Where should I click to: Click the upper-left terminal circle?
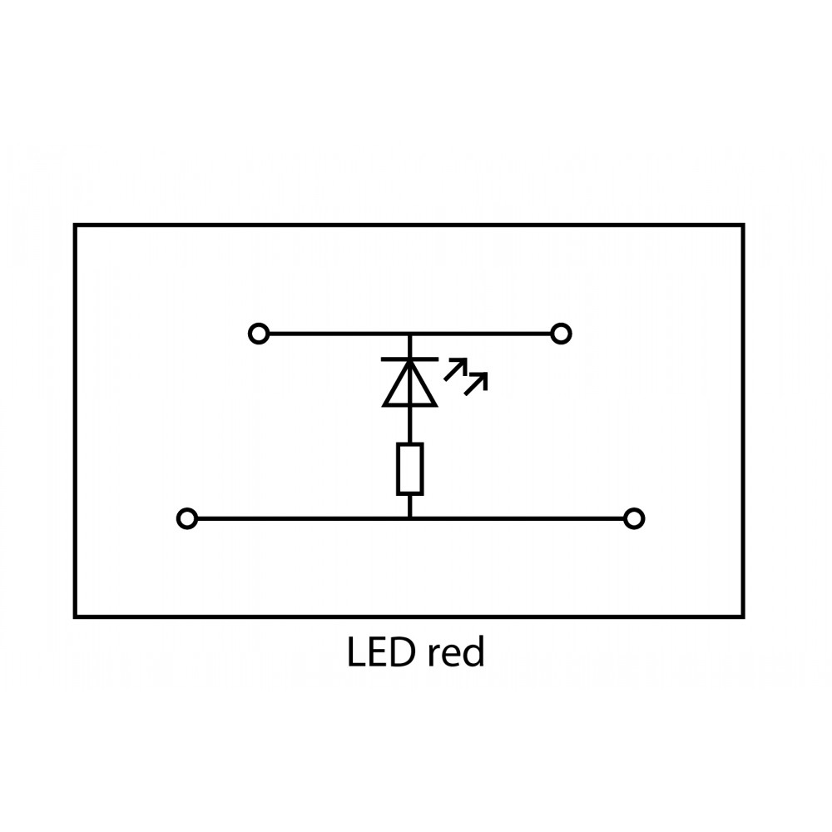point(259,334)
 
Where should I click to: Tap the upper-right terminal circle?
point(562,334)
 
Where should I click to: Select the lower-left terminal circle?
point(187,519)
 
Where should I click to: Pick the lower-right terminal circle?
point(634,519)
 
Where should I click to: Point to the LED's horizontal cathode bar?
point(409,359)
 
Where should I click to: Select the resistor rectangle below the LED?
point(410,468)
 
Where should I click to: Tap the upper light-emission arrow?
point(456,368)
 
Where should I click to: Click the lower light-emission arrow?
point(477,381)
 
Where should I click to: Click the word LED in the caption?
point(379,654)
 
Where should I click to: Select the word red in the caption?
point(454,654)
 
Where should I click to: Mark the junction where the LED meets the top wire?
point(409,334)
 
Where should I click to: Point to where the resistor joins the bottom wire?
point(410,519)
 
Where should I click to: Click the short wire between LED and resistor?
point(410,424)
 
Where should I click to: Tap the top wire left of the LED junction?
point(333,334)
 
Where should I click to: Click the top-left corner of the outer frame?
point(76,225)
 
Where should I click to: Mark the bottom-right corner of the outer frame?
point(743,617)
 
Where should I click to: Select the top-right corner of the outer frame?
point(743,225)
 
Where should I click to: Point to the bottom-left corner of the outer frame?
point(76,617)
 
